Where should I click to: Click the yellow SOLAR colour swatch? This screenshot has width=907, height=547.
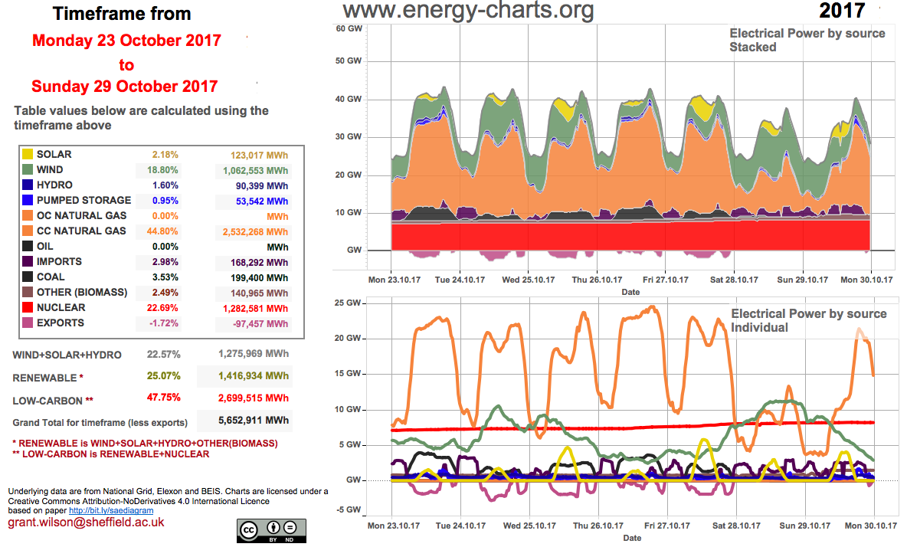coord(27,155)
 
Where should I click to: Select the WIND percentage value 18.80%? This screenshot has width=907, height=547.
coord(165,170)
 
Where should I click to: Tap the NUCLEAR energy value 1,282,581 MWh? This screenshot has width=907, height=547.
coord(250,308)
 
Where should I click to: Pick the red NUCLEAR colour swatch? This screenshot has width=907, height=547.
coord(27,308)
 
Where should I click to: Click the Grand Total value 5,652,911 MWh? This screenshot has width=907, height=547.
coord(244,422)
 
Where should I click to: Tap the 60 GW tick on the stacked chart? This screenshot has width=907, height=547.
coord(349,28)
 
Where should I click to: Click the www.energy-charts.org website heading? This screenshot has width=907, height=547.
coord(468,11)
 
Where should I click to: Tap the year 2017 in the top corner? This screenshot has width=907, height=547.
coord(842,11)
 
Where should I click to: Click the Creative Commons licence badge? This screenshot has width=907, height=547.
coord(271,529)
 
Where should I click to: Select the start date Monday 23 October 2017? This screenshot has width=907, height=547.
coord(126,41)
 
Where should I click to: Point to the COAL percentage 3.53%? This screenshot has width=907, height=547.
coord(165,277)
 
